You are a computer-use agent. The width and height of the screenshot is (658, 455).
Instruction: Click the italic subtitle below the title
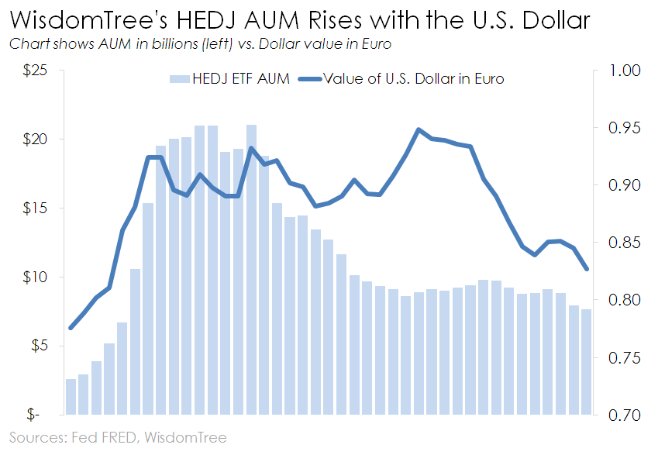click(200, 44)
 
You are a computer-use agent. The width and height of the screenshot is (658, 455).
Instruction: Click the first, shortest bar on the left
click(71, 396)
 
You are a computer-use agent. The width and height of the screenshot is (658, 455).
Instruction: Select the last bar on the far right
click(587, 361)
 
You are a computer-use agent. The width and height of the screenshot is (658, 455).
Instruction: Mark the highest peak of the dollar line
click(419, 130)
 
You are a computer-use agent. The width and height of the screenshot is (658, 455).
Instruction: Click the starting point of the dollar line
click(71, 328)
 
